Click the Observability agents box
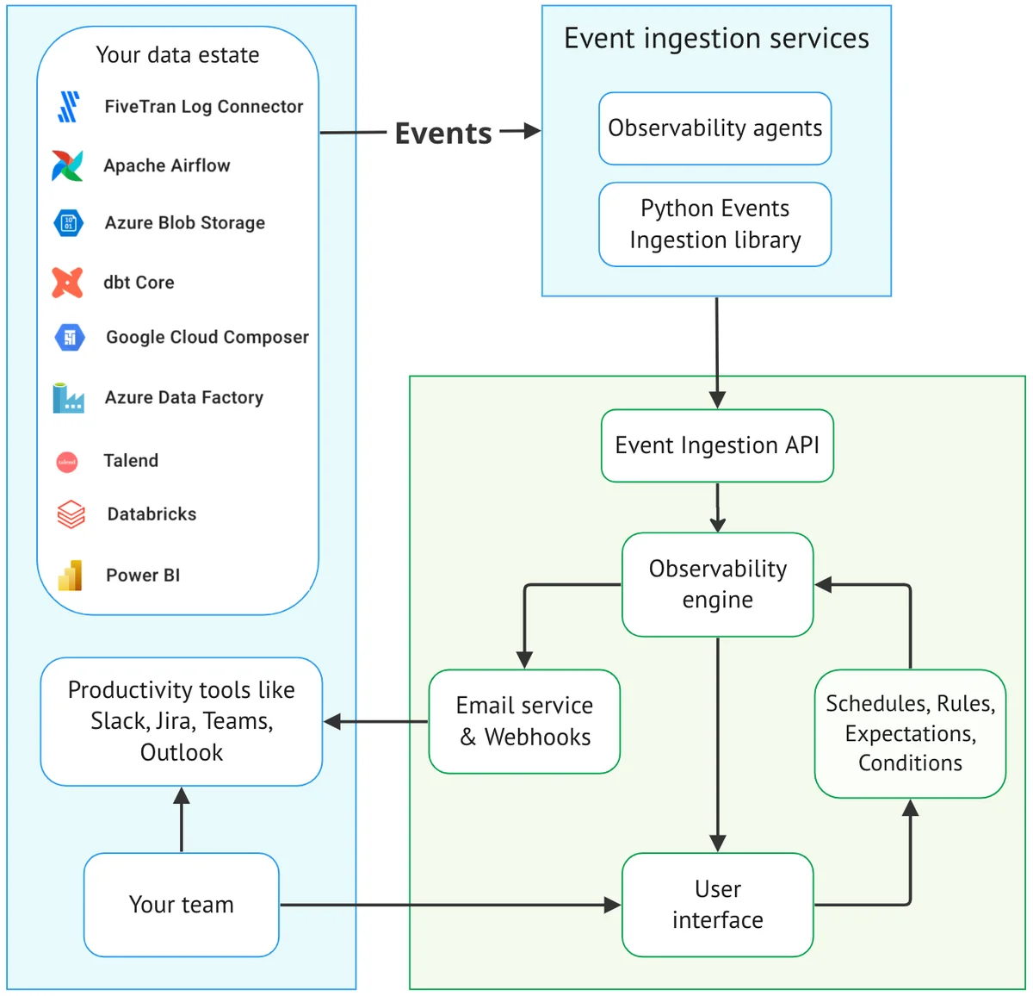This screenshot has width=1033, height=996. [714, 128]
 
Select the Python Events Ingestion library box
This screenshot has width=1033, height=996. [714, 224]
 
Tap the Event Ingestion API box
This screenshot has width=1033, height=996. [716, 445]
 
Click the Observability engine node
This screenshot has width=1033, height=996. [717, 584]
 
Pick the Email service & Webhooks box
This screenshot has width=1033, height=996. [524, 721]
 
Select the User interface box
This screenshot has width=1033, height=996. [717, 905]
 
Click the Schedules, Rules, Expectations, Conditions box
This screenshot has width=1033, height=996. [910, 733]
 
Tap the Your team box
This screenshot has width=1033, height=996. [181, 905]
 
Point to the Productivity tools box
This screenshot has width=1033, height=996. [181, 721]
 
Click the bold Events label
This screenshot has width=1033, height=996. [442, 134]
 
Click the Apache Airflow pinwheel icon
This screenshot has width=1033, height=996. [67, 165]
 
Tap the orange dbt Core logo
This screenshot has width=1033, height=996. [67, 283]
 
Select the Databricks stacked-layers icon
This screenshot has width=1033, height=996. [71, 514]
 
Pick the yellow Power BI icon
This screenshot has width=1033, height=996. [70, 576]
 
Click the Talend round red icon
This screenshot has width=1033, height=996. [67, 462]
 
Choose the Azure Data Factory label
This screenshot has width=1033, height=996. [183, 397]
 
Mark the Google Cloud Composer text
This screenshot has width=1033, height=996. [207, 337]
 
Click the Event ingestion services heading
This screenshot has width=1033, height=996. [716, 39]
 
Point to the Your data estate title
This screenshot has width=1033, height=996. [177, 55]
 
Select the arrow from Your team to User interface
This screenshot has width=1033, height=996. [448, 905]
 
